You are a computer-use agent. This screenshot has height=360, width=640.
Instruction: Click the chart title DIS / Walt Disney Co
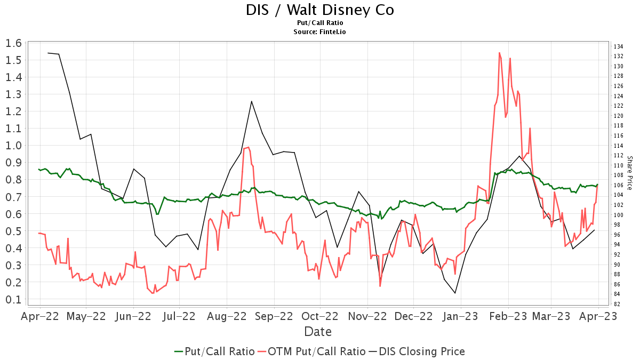pyautogui.click(x=320, y=10)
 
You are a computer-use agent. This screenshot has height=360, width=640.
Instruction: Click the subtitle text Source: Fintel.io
pyautogui.click(x=320, y=32)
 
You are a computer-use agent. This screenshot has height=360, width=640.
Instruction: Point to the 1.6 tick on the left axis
pyautogui.click(x=13, y=43)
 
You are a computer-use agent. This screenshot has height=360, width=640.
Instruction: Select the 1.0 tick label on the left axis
pyautogui.click(x=13, y=146)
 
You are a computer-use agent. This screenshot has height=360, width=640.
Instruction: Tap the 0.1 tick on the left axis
pyautogui.click(x=13, y=299)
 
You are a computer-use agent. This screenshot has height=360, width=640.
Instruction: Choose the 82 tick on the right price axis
pyautogui.click(x=617, y=304)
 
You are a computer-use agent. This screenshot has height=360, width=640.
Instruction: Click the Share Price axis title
pyautogui.click(x=629, y=173)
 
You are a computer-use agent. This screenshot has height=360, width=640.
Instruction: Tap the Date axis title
pyautogui.click(x=318, y=332)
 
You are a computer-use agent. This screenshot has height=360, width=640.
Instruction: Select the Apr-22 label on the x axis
pyautogui.click(x=40, y=316)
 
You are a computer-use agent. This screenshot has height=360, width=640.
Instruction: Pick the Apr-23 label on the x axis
pyautogui.click(x=598, y=316)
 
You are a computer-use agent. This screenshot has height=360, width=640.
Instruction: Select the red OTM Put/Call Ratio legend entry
pyautogui.click(x=311, y=351)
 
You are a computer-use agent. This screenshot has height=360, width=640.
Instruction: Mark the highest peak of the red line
pyautogui.click(x=499, y=52)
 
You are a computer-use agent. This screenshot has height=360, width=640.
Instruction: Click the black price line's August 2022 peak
pyautogui.click(x=251, y=101)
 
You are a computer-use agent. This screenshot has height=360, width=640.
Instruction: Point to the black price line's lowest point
pyautogui.click(x=455, y=293)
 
